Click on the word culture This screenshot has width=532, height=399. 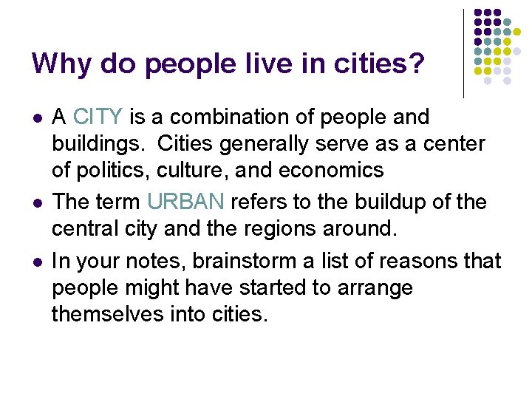point(187,170)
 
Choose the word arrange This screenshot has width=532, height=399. point(371,287)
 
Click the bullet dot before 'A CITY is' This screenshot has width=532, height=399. point(38,117)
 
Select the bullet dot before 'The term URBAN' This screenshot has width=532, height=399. point(38,202)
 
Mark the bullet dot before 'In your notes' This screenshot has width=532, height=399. point(38,261)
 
